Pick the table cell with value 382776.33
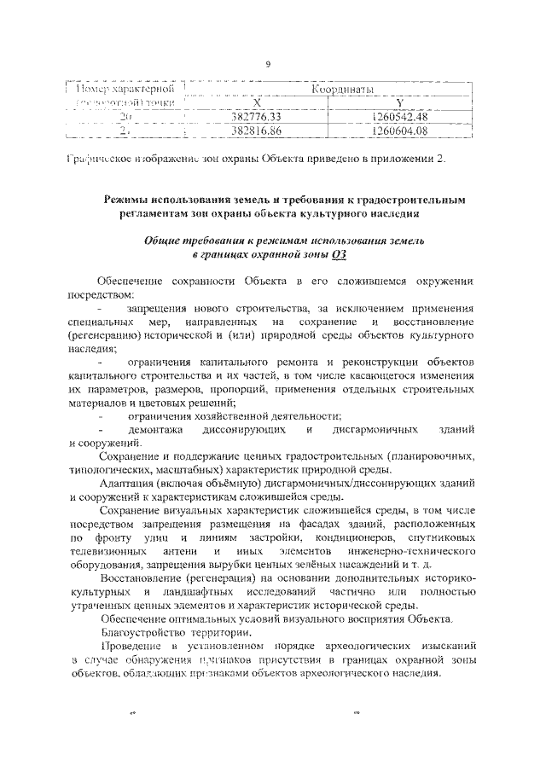(262, 117)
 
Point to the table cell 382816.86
(262, 131)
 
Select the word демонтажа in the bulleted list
(154, 430)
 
